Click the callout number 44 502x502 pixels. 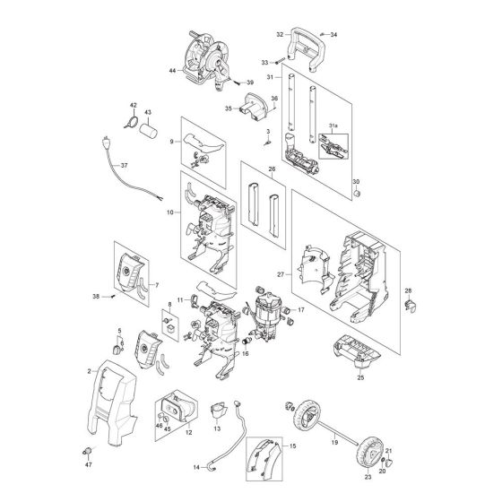[173, 69]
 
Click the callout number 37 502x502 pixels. [125, 166]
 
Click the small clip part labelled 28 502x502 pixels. [413, 307]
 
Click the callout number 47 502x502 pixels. [89, 466]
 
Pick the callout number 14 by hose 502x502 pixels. [196, 466]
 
